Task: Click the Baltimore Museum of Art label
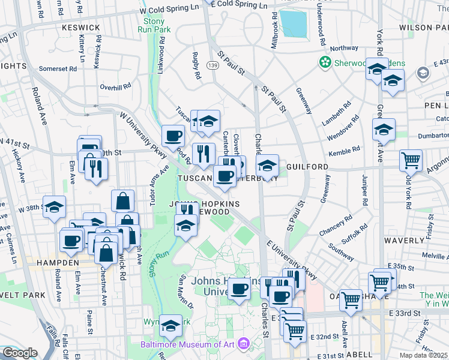188,344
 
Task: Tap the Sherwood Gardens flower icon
325,62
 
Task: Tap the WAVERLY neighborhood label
404,240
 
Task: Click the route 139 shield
212,65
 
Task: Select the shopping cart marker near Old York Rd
411,160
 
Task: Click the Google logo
20,353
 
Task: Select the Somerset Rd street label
58,68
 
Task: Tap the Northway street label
344,49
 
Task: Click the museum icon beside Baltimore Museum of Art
244,344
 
